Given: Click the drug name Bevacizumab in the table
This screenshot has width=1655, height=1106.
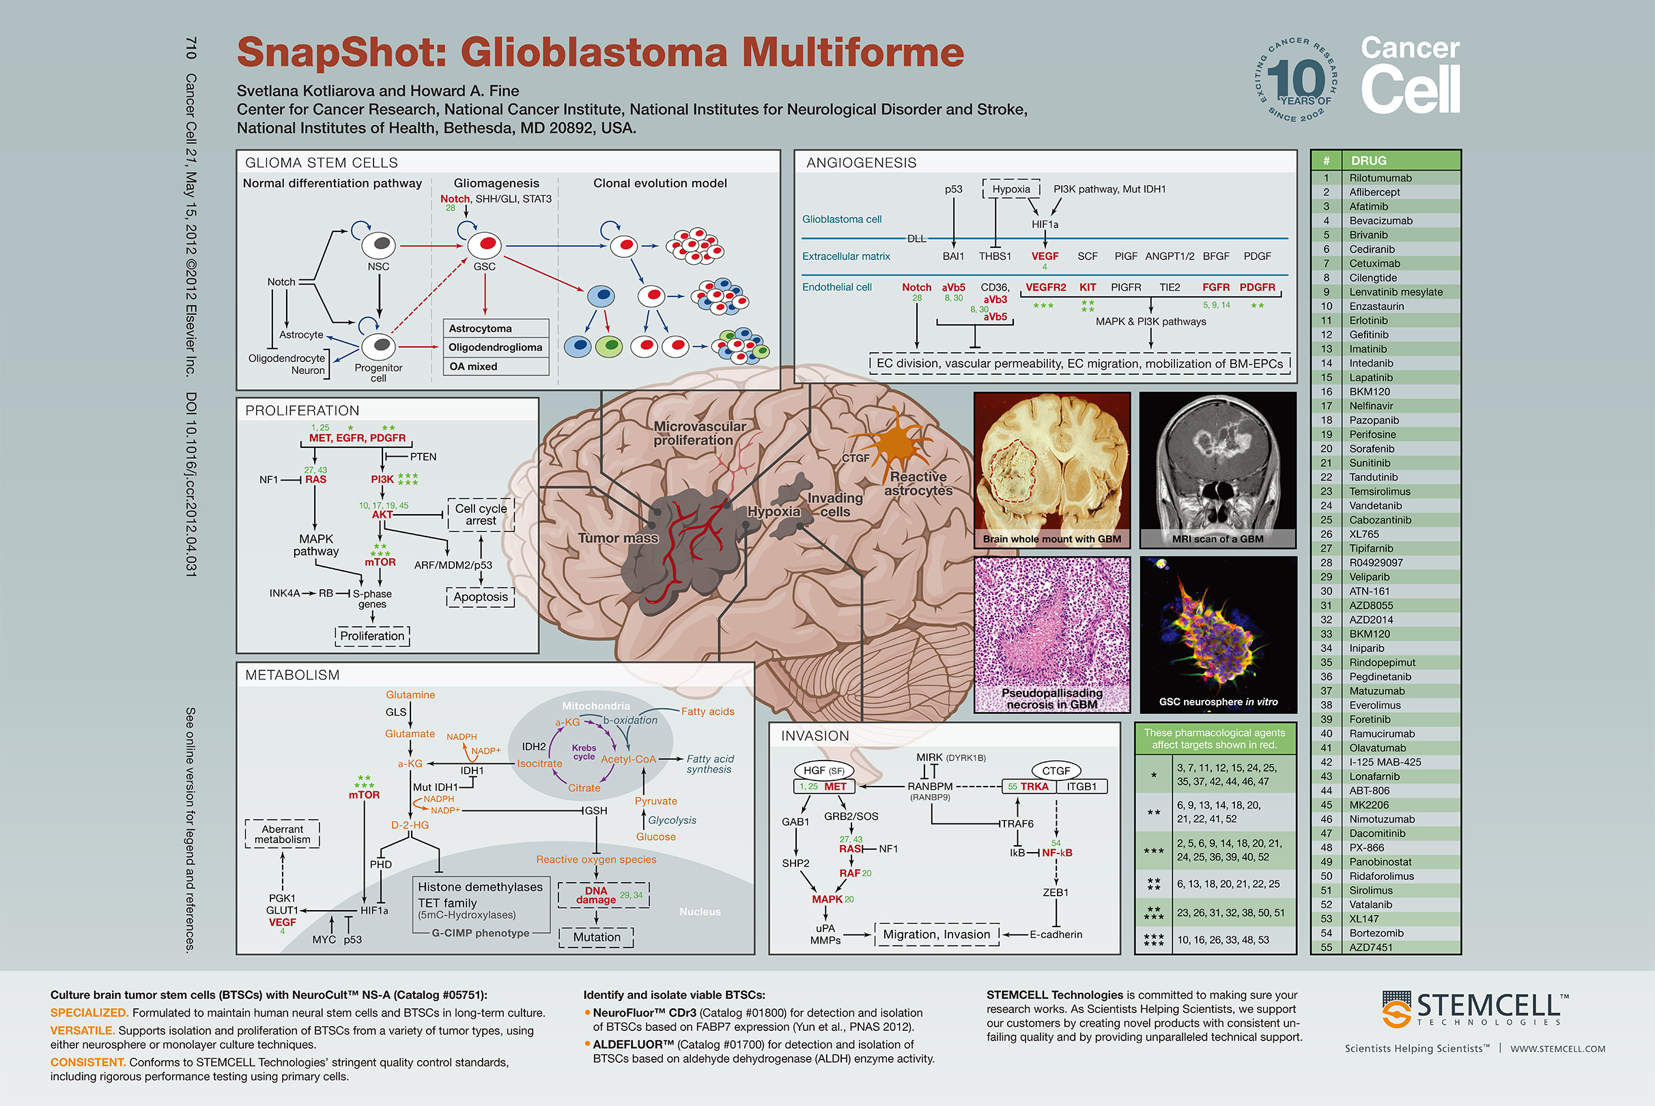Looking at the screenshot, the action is coord(1381,221).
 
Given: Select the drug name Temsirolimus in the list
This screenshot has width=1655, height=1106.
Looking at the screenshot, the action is coord(1379,492).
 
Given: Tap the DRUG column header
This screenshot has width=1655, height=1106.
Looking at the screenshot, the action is coord(1369,161).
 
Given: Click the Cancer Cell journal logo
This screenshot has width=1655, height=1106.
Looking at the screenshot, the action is coord(1409,75).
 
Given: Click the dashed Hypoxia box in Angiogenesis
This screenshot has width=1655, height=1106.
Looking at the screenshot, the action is coord(1011,189).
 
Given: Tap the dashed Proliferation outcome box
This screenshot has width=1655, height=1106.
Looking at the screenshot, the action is coord(373,636).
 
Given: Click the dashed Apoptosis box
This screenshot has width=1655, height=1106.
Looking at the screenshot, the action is coord(481,597).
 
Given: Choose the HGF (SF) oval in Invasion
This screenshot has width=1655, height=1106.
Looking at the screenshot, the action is coord(823,770).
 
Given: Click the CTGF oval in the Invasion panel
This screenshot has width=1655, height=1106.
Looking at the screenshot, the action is coord(1056,770).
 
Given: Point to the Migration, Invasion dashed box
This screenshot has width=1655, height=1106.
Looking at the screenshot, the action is coord(937,935).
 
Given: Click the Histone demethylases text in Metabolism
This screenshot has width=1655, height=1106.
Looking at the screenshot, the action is coord(481,887).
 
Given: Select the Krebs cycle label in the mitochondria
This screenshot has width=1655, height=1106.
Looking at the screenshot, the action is coord(584,752).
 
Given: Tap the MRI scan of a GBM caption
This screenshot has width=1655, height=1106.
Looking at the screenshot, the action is coord(1217,539).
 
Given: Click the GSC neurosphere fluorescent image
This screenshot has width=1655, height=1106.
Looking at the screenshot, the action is coord(1218,634).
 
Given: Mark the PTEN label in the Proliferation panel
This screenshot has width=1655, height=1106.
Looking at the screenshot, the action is coord(423,457).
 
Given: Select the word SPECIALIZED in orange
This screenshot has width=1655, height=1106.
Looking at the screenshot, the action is coord(89,1013).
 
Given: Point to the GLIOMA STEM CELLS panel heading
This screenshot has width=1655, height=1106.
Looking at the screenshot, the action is coord(322,163).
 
